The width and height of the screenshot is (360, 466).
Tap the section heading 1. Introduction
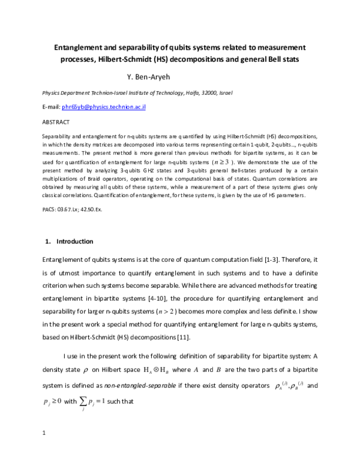click(70, 241)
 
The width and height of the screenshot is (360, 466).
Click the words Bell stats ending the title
click(285, 60)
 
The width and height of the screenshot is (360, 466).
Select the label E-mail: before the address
click(51, 106)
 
